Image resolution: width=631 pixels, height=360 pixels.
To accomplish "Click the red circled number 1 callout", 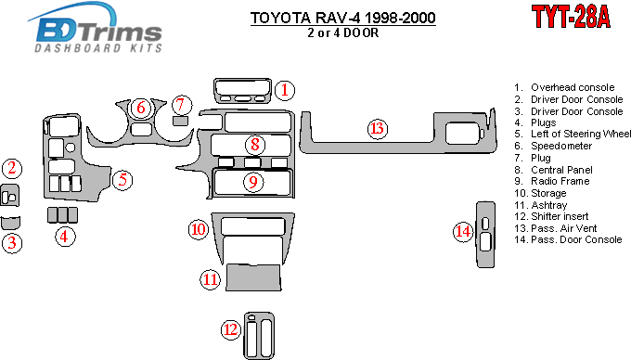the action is [x=285, y=90].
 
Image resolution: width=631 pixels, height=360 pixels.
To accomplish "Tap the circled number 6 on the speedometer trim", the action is [x=141, y=108].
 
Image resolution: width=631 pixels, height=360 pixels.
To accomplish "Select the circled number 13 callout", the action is [x=378, y=129].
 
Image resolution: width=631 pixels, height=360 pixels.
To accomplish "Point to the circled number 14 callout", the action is [x=463, y=231].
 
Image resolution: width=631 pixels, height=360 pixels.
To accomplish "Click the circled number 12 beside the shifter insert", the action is [x=231, y=329].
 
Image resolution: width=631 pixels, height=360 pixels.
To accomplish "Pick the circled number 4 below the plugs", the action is [x=64, y=237].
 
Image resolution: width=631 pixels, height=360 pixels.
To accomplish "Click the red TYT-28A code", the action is [x=571, y=17].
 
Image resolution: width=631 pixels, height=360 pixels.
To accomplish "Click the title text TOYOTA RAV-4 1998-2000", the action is [x=342, y=18].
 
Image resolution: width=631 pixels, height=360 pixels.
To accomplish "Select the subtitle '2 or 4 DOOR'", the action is [x=342, y=32].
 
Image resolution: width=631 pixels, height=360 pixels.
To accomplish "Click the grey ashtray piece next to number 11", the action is [x=253, y=277].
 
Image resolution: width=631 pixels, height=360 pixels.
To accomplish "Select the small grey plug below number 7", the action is [x=180, y=121].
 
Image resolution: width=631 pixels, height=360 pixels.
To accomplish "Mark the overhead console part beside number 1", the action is [x=243, y=91].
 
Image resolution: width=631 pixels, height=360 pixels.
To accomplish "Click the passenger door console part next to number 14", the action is [x=485, y=235].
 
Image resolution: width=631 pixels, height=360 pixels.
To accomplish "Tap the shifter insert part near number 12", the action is [x=259, y=336].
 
